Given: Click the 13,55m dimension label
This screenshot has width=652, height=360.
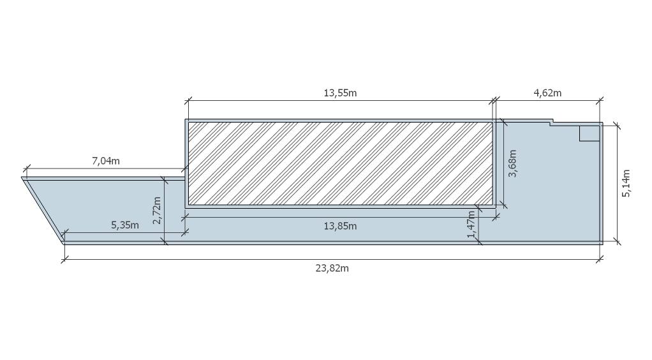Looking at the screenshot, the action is tap(340, 93).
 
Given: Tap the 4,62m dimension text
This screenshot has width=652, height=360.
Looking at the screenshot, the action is tap(547, 93).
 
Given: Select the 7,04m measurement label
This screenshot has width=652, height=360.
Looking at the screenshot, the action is tap(106, 161).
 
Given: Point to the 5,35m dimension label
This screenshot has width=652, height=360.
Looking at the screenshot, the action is tap(125, 225).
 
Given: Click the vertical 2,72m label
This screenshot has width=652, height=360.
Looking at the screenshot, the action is tap(157, 210).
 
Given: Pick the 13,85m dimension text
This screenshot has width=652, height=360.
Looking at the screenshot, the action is tap(340, 226).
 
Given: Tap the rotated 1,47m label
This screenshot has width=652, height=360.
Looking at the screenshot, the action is tap(471, 224).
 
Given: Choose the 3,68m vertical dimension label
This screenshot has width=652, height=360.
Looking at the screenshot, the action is tap(513, 163).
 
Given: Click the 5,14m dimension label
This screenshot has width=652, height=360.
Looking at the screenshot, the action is tap(626, 183).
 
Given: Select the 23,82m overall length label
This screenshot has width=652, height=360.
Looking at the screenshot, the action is tap(332, 269).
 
